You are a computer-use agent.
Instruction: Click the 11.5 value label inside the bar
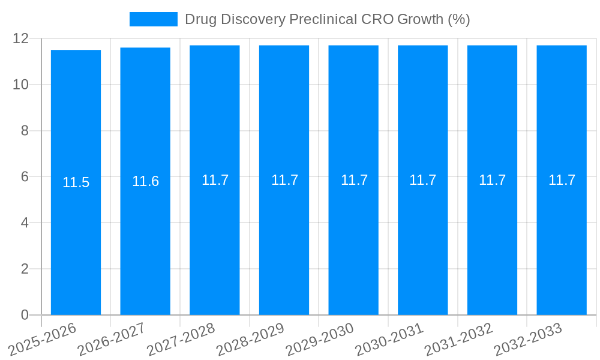76,182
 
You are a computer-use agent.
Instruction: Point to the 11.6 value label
145,181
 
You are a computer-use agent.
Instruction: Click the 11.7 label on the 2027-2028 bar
215,180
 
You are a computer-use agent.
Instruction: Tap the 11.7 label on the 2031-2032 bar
492,180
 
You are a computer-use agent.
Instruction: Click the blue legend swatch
154,19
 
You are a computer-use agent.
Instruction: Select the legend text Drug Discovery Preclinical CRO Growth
327,19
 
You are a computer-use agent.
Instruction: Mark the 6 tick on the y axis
25,177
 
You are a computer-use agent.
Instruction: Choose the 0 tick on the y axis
25,315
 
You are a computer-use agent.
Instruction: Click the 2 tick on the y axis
25,269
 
